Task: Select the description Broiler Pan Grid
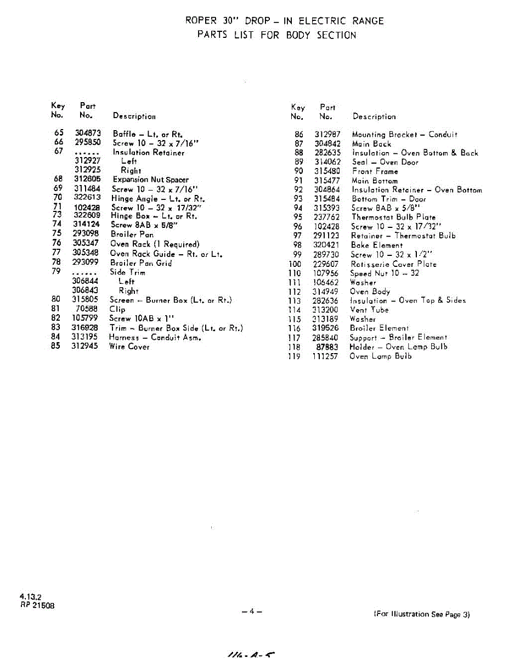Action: point(141,263)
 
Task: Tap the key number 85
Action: point(55,347)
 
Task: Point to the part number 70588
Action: point(87,309)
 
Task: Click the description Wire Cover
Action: point(129,347)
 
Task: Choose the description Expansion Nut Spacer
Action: point(150,180)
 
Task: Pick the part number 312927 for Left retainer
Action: point(88,161)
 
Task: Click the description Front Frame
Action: point(375,171)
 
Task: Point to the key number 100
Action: point(295,264)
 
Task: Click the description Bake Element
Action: point(377,245)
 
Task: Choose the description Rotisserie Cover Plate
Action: point(394,264)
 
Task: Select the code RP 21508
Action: point(37,605)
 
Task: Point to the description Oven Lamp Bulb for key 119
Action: point(380,356)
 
